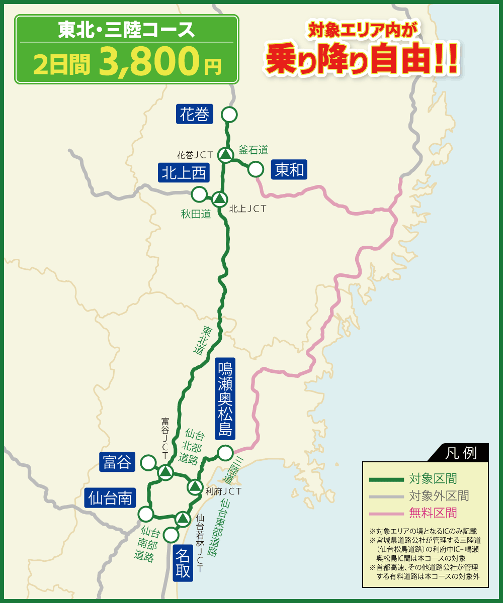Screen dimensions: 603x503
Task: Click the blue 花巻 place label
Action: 195,114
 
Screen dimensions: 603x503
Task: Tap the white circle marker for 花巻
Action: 229,115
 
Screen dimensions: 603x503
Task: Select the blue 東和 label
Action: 289,170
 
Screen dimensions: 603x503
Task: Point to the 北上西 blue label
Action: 184,173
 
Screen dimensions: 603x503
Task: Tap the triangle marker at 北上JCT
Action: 219,199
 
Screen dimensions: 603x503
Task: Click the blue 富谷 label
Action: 117,462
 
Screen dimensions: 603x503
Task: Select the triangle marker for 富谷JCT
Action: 165,472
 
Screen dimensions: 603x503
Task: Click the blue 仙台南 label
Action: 110,498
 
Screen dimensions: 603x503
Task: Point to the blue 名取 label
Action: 183,563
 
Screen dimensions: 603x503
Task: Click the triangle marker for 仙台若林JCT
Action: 182,518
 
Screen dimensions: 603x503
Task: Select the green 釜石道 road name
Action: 253,149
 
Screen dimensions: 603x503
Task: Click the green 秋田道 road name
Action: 196,215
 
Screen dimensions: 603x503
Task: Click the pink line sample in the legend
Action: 386,513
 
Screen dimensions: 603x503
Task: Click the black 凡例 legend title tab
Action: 461,453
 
